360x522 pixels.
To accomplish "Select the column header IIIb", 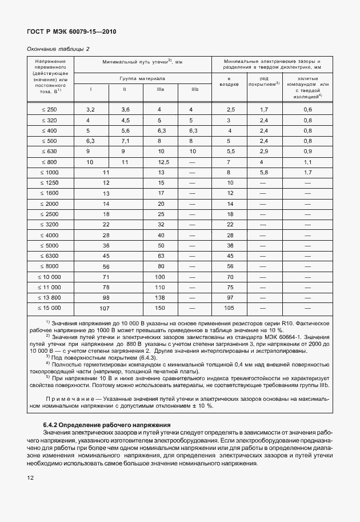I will coord(194,89).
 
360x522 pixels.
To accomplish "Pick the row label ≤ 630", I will coord(49,152).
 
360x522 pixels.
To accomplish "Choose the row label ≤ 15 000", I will coord(49,308).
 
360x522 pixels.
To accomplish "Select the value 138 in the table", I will coord(161,297).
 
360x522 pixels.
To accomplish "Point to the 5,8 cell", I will coord(264,172).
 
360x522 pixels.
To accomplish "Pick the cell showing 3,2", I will coord(90,109).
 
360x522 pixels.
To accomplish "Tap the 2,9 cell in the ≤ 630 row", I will coord(264,152).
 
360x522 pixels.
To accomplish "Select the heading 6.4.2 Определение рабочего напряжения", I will coord(107,425).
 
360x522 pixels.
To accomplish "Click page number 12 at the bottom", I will coord(30,477).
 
